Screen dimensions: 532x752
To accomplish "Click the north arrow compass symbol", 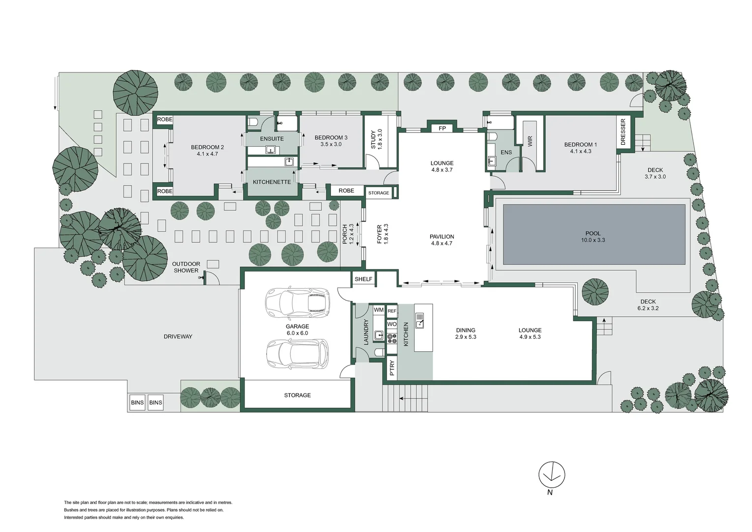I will click(x=552, y=474).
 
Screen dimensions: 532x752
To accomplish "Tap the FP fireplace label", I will click(x=442, y=129).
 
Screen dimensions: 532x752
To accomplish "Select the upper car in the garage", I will click(x=297, y=301).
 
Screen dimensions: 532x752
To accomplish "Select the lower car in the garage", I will click(x=297, y=353).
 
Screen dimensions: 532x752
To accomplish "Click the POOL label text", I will click(x=593, y=233).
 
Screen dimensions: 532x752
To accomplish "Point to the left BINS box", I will click(x=137, y=402).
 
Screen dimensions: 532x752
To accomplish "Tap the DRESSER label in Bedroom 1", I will click(x=623, y=132).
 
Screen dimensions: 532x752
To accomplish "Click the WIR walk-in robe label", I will click(x=530, y=142).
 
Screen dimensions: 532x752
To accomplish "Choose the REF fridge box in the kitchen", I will click(x=392, y=311).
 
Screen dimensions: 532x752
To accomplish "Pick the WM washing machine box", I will click(x=378, y=310).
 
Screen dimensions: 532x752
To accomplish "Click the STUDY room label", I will click(x=373, y=139).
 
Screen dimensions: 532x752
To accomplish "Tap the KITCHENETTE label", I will click(x=272, y=182).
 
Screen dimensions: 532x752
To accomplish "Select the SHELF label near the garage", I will click(x=363, y=279).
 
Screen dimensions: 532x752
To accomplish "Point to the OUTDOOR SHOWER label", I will click(x=186, y=267).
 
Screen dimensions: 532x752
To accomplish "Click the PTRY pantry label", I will click(x=392, y=368).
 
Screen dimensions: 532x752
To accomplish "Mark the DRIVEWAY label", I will click(x=178, y=336).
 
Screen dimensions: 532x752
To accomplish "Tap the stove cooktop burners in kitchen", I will click(x=392, y=338).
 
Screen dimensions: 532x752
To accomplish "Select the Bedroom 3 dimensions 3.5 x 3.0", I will click(x=331, y=144).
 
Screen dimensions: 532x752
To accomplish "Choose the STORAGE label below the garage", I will click(x=297, y=395).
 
